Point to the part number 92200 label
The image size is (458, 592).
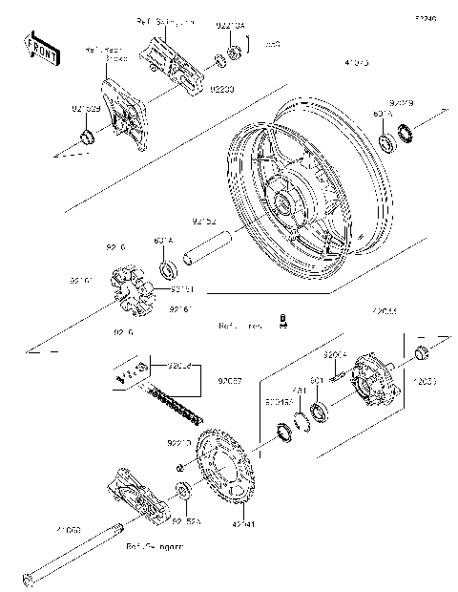(222, 88)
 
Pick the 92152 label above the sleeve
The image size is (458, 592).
(204, 220)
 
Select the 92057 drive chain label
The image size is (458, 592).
(229, 379)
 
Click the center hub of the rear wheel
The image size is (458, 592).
(283, 201)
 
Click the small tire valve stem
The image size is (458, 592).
(283, 322)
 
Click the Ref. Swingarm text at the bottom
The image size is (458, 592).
(155, 549)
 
